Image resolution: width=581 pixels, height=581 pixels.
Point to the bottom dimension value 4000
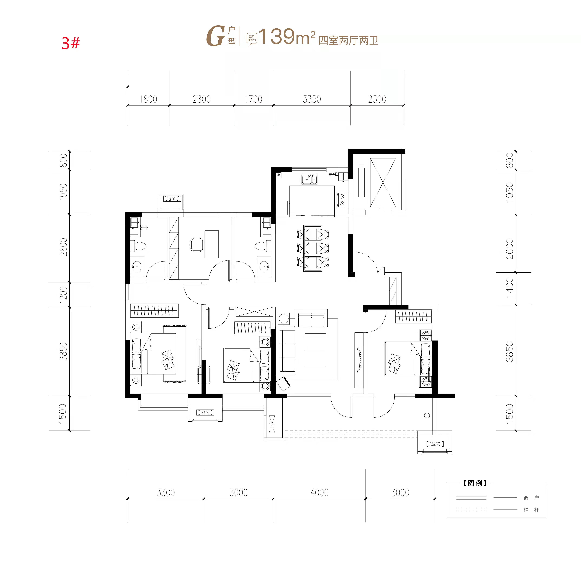319,493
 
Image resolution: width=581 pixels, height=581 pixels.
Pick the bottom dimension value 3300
166,493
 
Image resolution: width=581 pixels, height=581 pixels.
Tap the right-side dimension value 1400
509,287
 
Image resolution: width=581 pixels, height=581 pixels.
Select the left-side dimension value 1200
63,295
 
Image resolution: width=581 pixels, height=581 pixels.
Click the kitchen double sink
309,179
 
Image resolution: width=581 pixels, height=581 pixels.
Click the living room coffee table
315,350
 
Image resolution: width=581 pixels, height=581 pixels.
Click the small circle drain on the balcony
427,416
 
